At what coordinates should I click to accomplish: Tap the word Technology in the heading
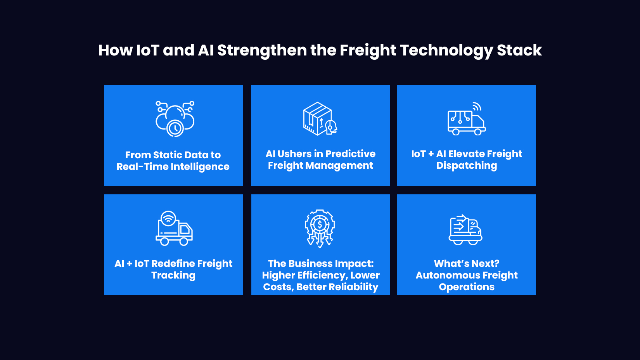coord(446,50)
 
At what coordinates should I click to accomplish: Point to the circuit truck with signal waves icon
coord(467,119)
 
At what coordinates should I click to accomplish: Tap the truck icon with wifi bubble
coord(174,228)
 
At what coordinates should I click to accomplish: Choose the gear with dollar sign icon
coord(320,228)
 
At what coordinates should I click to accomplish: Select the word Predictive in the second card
coord(350,154)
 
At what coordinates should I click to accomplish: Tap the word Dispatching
coord(466,166)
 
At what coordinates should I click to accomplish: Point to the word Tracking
coord(173,275)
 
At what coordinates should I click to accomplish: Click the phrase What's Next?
coord(467,264)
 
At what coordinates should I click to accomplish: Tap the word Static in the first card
coord(167,155)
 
